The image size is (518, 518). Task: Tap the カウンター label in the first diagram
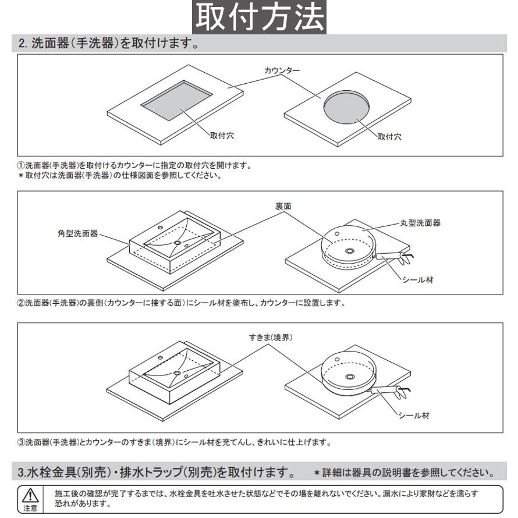(282, 70)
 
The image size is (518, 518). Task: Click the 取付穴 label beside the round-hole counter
(389, 137)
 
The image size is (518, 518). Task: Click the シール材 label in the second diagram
(417, 280)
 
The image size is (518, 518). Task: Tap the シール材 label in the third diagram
(414, 416)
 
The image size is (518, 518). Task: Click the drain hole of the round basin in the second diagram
(349, 251)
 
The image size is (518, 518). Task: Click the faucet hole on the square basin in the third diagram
(160, 356)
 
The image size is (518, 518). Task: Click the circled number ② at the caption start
(20, 303)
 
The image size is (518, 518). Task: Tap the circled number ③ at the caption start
(20, 442)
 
